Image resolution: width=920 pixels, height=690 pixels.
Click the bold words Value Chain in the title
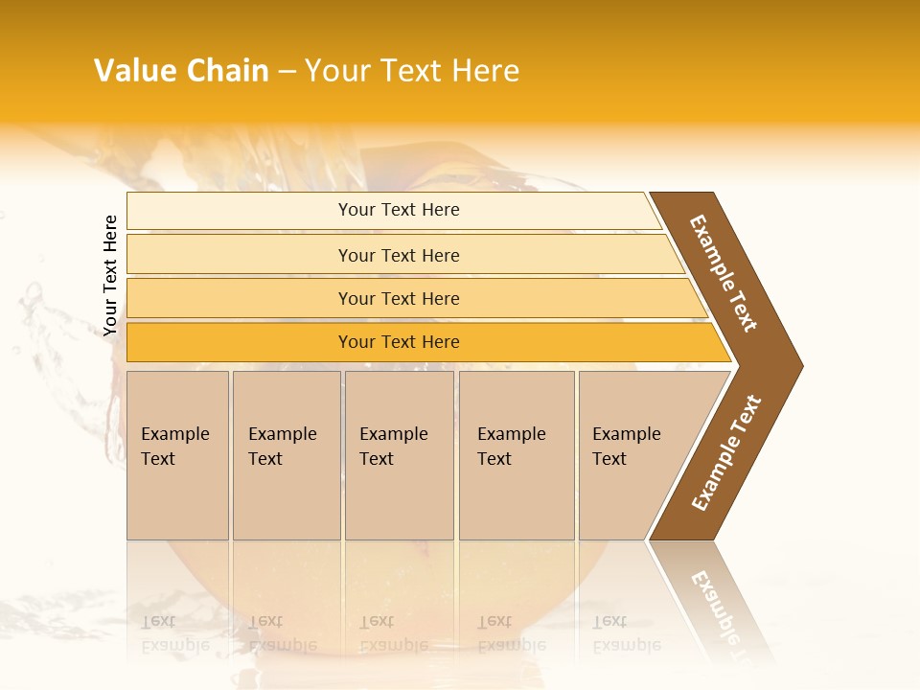181,71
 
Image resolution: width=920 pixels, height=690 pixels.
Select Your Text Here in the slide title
412,71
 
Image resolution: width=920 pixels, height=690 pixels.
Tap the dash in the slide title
286,72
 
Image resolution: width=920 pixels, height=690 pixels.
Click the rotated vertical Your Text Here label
111,275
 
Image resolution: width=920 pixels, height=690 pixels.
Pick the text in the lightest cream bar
399,210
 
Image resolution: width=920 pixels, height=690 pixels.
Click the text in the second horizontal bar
399,255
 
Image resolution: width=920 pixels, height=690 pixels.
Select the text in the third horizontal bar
399,298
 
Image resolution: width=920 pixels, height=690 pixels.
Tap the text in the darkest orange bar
399,342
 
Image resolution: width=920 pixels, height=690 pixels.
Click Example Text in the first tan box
174,447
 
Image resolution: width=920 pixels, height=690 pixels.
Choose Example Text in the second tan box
282,447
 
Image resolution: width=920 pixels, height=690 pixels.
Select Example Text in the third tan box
393,447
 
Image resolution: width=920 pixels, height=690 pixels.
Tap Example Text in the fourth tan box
511,447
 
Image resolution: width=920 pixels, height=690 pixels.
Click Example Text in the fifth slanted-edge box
626,447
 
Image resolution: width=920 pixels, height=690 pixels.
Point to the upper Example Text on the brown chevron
724,273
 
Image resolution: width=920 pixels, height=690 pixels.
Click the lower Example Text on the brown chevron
726,453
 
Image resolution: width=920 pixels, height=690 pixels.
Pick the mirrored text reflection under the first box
174,633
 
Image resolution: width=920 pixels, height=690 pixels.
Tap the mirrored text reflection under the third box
393,633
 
